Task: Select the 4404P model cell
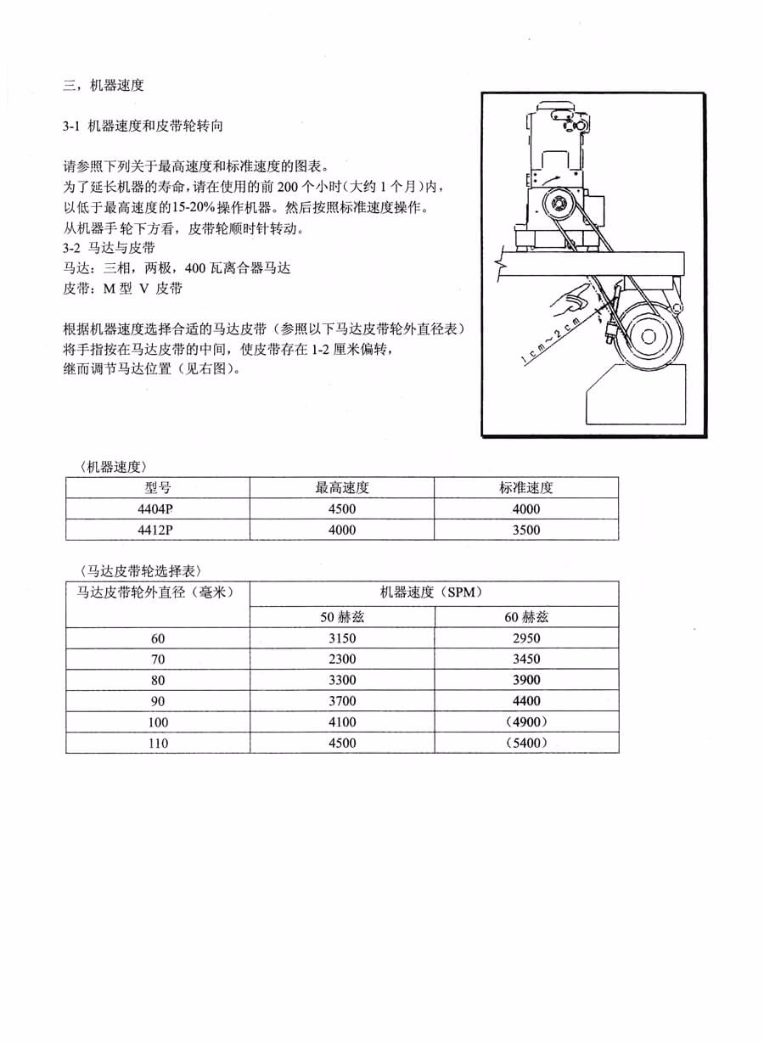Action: coord(158,509)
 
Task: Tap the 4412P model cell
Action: coord(158,530)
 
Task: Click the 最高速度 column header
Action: coord(342,488)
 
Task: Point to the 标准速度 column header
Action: coord(526,488)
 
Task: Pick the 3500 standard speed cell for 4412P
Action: coord(526,530)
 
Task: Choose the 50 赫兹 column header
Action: coord(342,617)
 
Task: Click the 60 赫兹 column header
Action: coord(526,617)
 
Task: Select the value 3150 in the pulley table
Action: coord(342,638)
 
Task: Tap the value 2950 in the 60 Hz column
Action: coord(526,638)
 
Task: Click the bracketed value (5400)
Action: coord(526,743)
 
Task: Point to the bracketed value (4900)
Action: coord(526,722)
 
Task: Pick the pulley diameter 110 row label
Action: coord(158,743)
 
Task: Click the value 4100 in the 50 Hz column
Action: coord(342,722)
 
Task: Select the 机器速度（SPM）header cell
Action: coord(433,592)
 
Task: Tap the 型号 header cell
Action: coord(158,488)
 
